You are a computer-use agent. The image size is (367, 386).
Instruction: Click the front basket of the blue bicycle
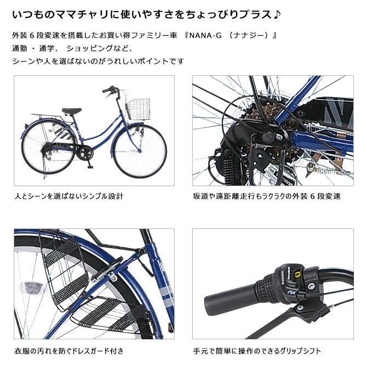click(138, 109)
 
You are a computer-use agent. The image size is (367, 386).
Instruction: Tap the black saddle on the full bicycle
click(72, 111)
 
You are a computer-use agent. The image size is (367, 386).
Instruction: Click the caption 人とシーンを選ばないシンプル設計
click(69, 196)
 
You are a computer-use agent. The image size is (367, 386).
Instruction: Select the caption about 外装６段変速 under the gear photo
click(267, 196)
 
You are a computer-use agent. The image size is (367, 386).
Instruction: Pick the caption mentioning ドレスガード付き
click(69, 350)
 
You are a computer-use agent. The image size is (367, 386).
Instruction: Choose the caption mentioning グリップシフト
click(257, 350)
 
